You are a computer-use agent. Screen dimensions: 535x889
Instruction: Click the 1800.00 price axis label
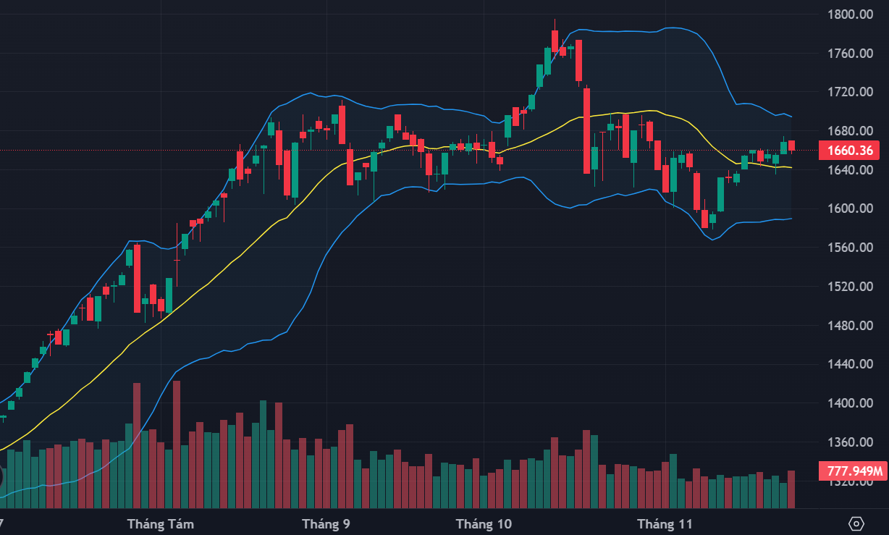click(850, 14)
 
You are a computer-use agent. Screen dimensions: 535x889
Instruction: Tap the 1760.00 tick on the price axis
click(850, 54)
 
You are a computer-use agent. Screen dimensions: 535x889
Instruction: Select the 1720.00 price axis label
click(850, 93)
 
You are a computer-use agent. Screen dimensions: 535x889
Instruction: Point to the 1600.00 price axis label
click(850, 209)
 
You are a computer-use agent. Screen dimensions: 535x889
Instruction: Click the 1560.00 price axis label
click(850, 248)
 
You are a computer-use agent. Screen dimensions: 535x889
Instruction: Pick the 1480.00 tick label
click(850, 326)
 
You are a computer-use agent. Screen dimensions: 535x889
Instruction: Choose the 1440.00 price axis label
click(850, 364)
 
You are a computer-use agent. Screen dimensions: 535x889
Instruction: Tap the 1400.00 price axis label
click(850, 403)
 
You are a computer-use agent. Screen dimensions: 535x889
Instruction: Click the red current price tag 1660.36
click(851, 151)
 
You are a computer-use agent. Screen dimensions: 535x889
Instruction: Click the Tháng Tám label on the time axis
click(160, 523)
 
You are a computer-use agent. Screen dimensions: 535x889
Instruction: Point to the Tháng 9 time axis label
click(326, 523)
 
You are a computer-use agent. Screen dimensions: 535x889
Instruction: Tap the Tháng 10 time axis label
click(484, 523)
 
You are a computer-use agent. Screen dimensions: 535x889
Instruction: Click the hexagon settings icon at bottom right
click(856, 523)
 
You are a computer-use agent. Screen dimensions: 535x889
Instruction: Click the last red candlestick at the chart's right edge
click(792, 146)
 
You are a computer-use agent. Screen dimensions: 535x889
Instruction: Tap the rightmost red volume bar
click(791, 489)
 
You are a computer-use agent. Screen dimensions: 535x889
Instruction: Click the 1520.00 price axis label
click(850, 287)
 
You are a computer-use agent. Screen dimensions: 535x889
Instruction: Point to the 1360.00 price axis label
click(850, 442)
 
